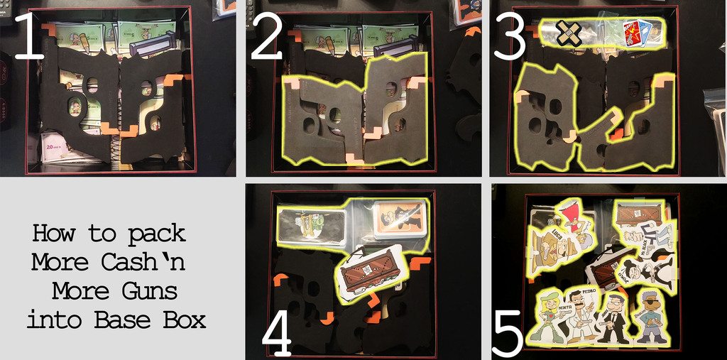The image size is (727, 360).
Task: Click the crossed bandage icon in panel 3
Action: [x=567, y=32]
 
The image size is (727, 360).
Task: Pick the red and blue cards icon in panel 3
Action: [x=637, y=32]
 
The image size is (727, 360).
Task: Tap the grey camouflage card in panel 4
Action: [x=310, y=225]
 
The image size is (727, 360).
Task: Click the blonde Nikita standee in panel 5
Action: [x=550, y=316]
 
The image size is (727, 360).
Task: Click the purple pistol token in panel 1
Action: [x=151, y=45]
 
